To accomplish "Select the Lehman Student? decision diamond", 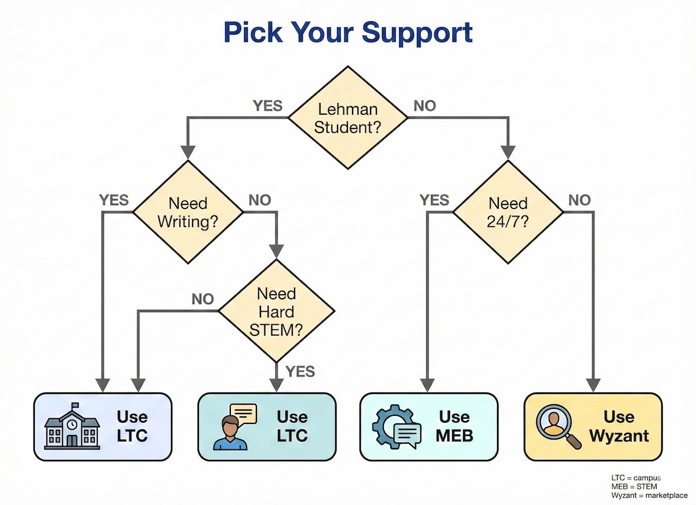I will tap(348, 118).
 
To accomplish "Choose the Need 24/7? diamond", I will tap(508, 213).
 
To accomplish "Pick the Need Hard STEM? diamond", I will tap(276, 312).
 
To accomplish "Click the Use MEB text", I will tap(454, 426).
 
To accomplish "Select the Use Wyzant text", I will tap(619, 426).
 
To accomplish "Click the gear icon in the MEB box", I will tap(391, 427).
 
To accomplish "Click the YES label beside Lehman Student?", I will tap(267, 106).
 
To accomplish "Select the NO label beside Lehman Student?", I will tap(424, 106).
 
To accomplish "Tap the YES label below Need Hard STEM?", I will tap(300, 371).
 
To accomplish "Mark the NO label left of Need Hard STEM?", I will tap(202, 299).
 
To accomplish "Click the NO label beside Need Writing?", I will tap(259, 200).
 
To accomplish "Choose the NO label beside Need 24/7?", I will tap(579, 200).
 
